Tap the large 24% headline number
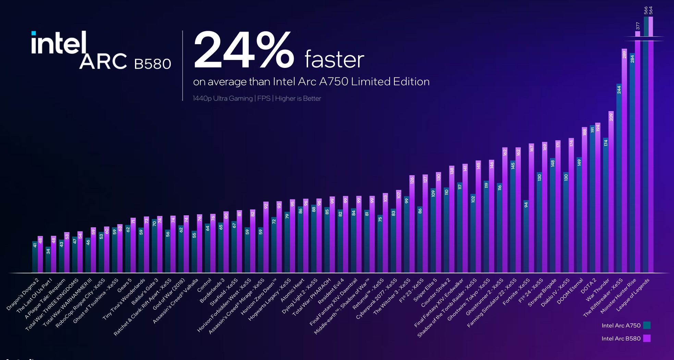244,50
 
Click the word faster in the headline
334,59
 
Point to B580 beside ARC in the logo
152,64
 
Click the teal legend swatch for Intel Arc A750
647,325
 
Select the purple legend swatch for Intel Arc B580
647,338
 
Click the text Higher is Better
298,98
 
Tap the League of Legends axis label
633,295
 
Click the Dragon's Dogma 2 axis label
23,295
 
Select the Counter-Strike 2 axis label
436,292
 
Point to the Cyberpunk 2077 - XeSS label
376,299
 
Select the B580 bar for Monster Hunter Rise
637,152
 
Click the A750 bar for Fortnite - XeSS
526,237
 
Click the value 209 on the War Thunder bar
611,117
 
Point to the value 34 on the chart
48,251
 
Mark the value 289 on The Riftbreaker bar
624,55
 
